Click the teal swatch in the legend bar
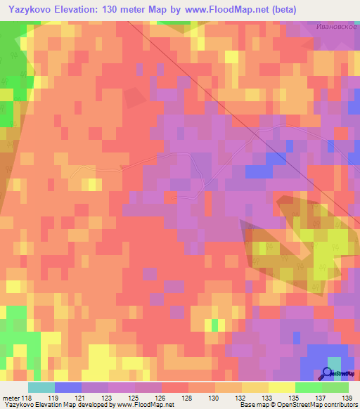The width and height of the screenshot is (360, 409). tap(41, 387)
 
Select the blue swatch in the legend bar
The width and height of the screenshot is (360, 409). tap(67, 387)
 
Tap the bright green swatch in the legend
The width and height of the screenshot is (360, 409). tap(308, 387)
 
